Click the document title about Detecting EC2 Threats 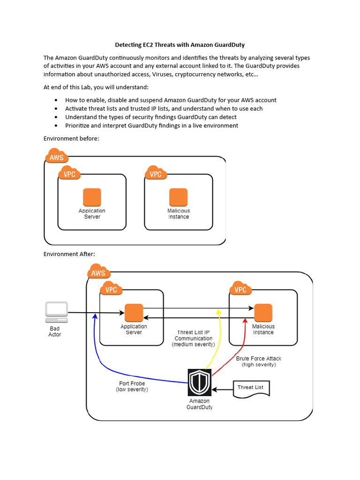[180, 45]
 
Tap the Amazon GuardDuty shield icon [200, 382]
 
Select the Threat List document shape [252, 388]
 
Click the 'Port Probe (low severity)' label [132, 386]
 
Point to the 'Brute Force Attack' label [259, 359]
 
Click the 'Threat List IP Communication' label [193, 335]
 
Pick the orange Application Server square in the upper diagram [92, 197]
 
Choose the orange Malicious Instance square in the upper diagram [179, 197]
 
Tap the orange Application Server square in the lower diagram [134, 313]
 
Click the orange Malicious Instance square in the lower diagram [263, 313]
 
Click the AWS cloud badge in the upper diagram [57, 157]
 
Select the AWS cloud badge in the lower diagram [98, 272]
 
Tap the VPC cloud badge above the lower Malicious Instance [240, 289]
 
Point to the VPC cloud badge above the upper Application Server [69, 173]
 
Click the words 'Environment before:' [71, 138]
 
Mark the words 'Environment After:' [69, 254]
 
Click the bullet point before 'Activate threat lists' [56, 109]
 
